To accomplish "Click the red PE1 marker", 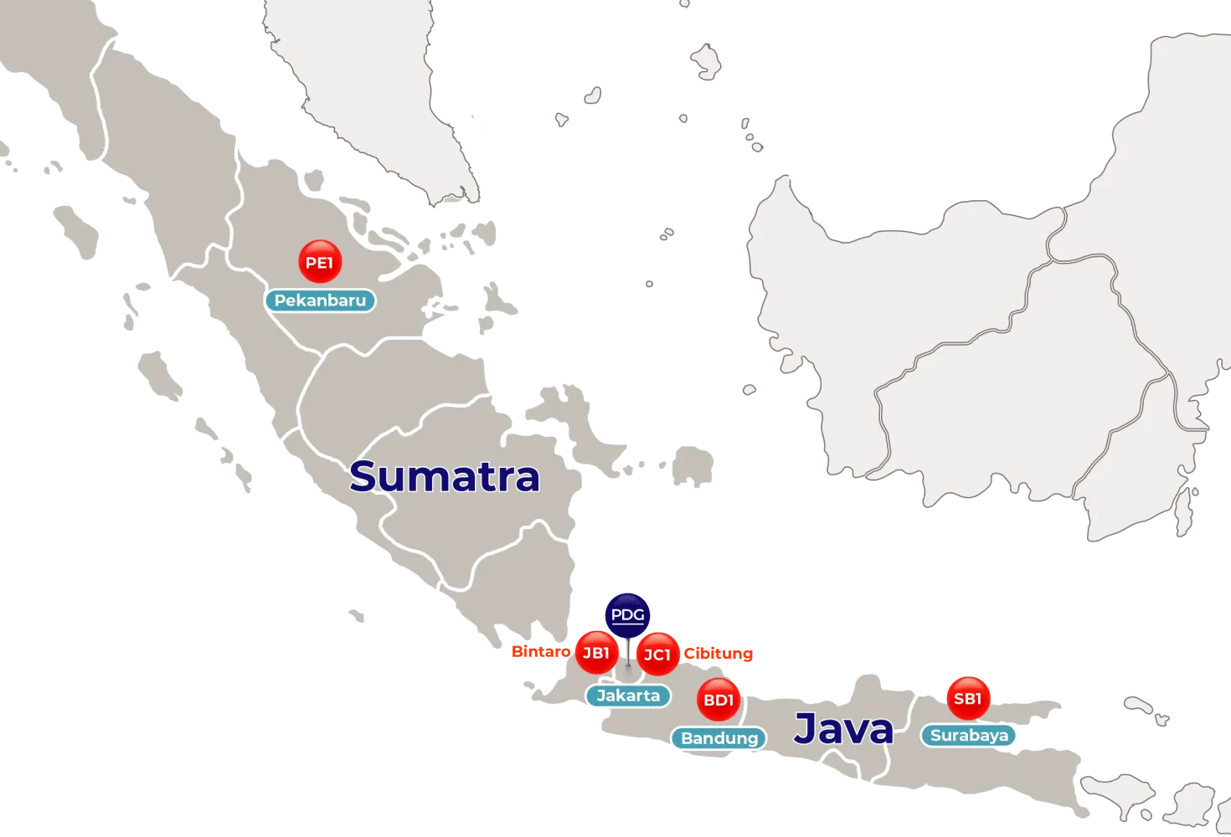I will (x=320, y=262).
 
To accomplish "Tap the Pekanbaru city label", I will (x=320, y=300).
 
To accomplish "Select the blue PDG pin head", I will (x=627, y=615).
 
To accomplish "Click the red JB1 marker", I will (x=595, y=653).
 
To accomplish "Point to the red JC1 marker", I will (x=657, y=655).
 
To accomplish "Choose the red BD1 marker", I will (x=719, y=700).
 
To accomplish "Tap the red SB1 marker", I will (x=967, y=698).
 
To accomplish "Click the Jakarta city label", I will (x=628, y=696).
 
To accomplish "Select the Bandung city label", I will (x=719, y=738).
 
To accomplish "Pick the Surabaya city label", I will (x=969, y=736).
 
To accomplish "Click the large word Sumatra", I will (x=445, y=476).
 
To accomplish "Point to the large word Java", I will (x=843, y=728).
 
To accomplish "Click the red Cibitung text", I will (x=719, y=654).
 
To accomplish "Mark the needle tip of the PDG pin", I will (x=628, y=667).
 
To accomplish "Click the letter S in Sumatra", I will (x=363, y=476).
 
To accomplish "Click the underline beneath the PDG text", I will (x=627, y=624).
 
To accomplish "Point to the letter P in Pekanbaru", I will (x=280, y=300).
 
